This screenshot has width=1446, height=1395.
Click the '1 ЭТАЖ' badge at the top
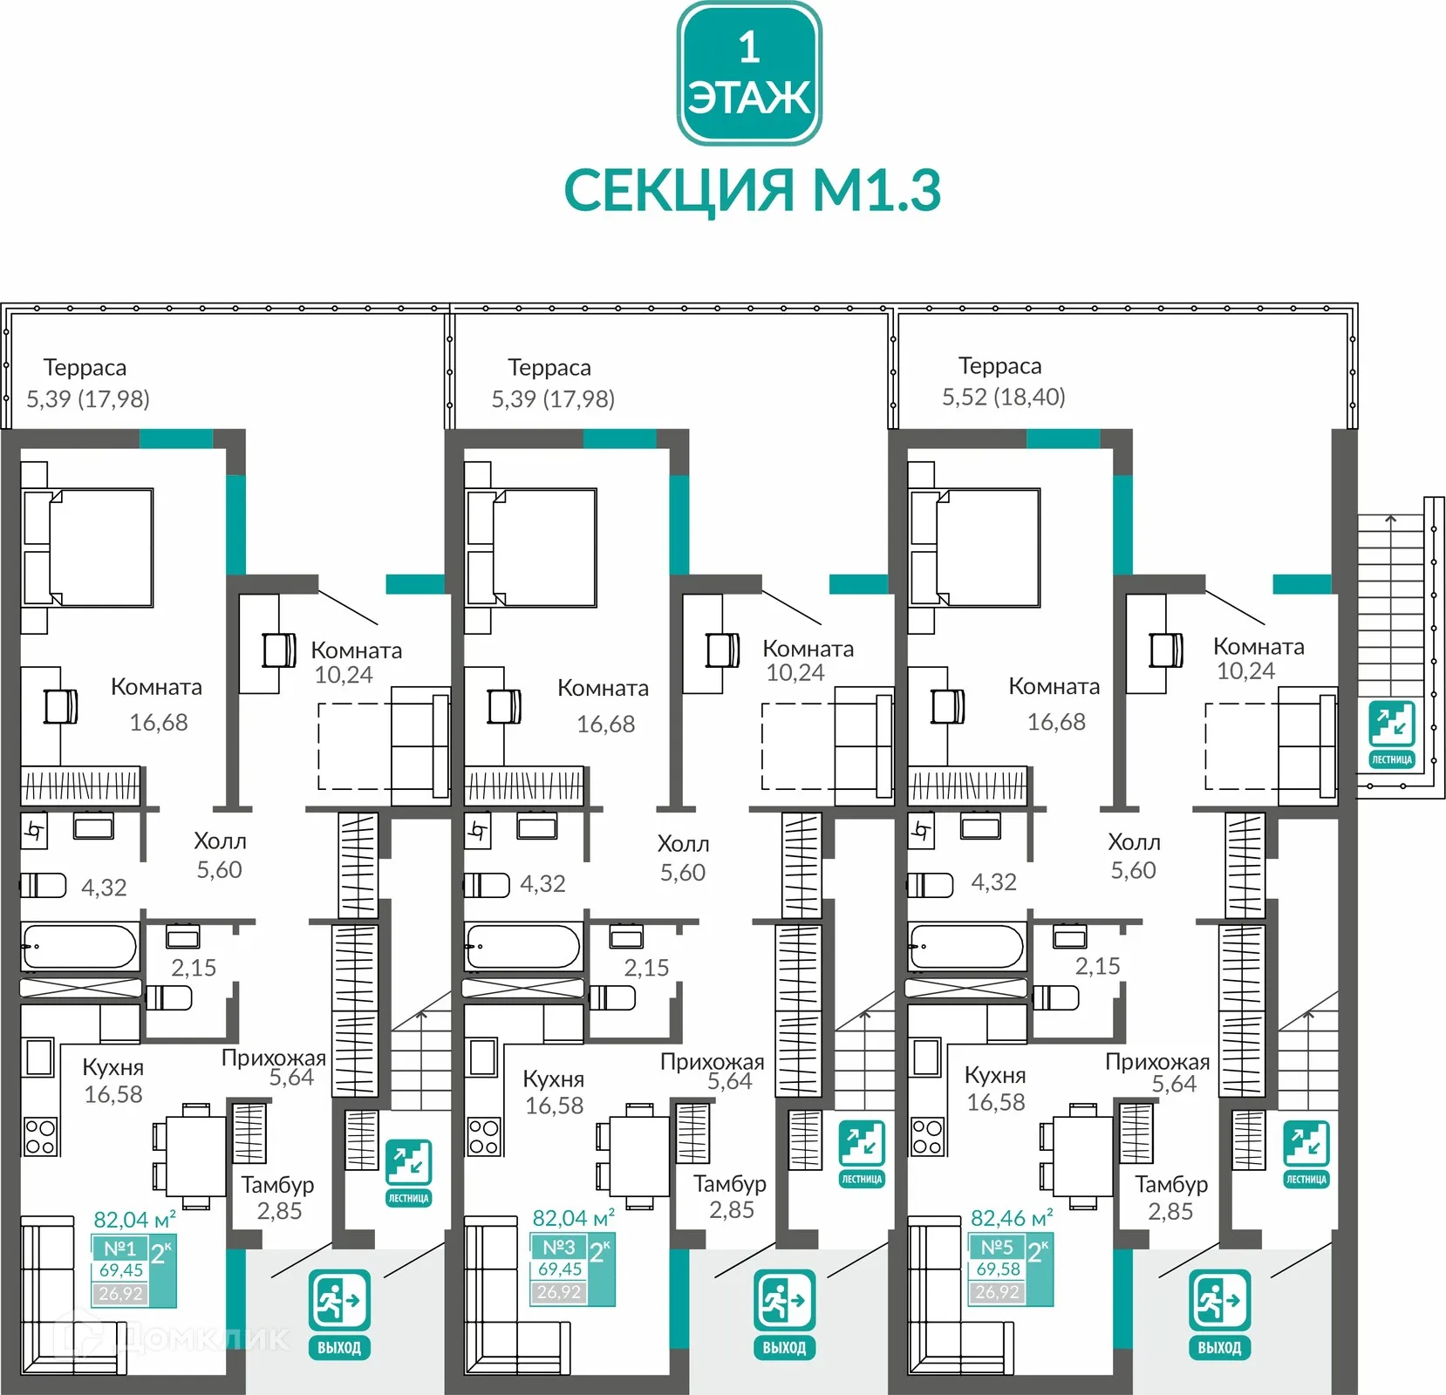pos(749,73)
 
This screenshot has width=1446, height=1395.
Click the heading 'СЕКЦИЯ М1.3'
pos(753,190)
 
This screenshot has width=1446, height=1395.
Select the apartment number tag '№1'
pos(119,1249)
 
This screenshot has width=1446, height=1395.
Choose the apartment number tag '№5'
pos(997,1247)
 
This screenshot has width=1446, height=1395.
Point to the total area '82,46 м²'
pos(1011,1218)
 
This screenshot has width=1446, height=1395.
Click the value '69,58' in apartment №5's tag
pos(998,1269)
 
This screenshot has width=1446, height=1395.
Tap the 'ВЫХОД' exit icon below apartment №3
pos(784,1313)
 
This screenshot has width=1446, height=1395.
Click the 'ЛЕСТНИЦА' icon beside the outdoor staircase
pos(1391,733)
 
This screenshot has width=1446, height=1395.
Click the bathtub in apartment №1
pos(80,947)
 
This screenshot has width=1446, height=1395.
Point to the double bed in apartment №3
pos(532,547)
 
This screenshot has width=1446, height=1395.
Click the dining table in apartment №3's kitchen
pos(639,1155)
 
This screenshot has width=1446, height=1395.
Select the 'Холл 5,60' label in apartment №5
pos(1134,855)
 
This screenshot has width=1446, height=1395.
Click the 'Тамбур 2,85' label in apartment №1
pos(278,1197)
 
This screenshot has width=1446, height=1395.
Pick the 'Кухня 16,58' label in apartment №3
pos(554,1092)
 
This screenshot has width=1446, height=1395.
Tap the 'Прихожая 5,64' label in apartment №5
pos(1158,1072)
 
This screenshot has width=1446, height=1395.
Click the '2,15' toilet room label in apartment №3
pos(646,967)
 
